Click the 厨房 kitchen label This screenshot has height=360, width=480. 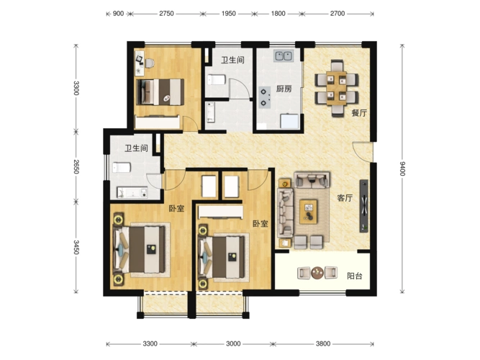pos(284,89)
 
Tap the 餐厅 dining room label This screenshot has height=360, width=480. pos(359,113)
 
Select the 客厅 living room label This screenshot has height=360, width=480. pos(345,198)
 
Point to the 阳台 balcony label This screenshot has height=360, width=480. pos(355,276)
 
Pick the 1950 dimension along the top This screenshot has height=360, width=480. pos(229,14)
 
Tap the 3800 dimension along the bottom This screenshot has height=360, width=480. pos(323,343)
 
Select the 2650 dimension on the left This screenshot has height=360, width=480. pos(76,166)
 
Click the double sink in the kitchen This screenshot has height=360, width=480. pos(284,56)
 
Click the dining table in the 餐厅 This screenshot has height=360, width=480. pos(336,89)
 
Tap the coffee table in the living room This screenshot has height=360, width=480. pos(308,212)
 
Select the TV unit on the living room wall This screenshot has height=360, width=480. pos(363,206)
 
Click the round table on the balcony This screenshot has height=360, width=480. pos(317,273)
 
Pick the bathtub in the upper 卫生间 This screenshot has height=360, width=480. pos(211,112)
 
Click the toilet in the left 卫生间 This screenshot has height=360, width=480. pos(122,167)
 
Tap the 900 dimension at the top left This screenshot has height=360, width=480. pos(118,14)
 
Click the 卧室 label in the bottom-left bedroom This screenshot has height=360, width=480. pos(176,209)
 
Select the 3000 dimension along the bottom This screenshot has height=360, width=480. pos(233,343)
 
